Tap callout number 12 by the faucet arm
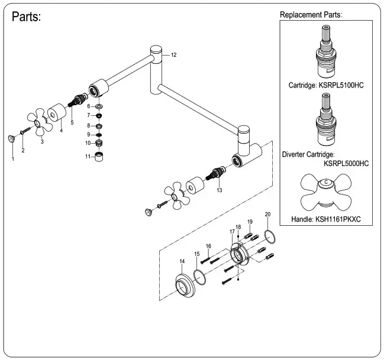173,54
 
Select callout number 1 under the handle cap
12,159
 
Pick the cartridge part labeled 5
76,103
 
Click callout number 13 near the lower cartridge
219,190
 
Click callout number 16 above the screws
208,246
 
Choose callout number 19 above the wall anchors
250,222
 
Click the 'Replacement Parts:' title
311,14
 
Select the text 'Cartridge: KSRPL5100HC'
326,85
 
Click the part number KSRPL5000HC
346,163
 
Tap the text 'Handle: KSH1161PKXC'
326,219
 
